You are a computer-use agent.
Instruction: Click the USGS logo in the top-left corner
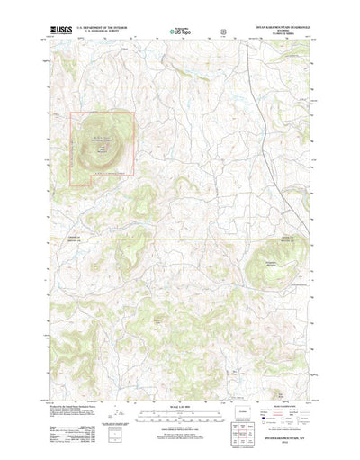tap(65, 30)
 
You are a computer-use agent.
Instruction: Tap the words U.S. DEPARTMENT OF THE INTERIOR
tap(105, 29)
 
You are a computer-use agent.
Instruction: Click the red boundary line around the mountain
tap(135, 144)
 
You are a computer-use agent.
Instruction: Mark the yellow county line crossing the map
tap(180, 239)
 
